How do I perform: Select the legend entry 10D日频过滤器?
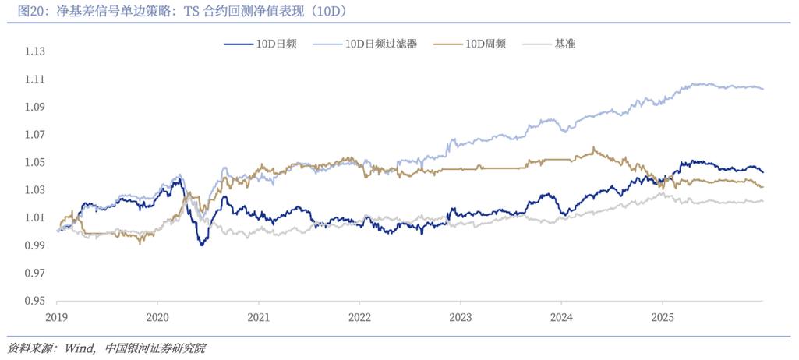381,44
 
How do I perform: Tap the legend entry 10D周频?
486,44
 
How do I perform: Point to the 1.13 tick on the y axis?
35,52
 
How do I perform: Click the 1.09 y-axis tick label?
35,108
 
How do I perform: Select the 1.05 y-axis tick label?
35,163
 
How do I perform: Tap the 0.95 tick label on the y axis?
35,301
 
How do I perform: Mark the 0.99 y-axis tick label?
35,245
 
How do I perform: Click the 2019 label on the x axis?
57,318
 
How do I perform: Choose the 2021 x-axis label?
259,318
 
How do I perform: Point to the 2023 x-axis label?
461,318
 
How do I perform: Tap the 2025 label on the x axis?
662,318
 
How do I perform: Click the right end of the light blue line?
762,89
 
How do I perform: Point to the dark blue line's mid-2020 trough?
202,245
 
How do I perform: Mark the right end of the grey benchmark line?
762,201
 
